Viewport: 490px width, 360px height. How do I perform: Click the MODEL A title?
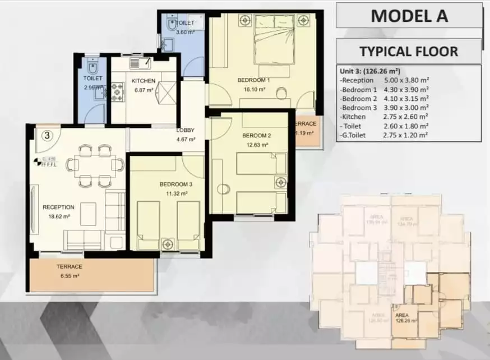[409, 15]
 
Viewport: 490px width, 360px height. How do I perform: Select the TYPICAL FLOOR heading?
[409, 52]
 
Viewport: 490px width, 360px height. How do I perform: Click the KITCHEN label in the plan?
[143, 81]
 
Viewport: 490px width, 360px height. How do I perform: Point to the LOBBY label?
[186, 131]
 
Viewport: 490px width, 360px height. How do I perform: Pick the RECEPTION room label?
[58, 207]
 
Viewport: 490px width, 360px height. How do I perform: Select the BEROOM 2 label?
[257, 136]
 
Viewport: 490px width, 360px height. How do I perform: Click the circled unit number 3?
[48, 135]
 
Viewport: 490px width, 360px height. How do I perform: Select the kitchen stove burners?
[118, 92]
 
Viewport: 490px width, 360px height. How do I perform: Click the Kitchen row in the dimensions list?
[385, 117]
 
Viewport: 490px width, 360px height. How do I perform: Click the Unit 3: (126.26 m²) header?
[370, 72]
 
